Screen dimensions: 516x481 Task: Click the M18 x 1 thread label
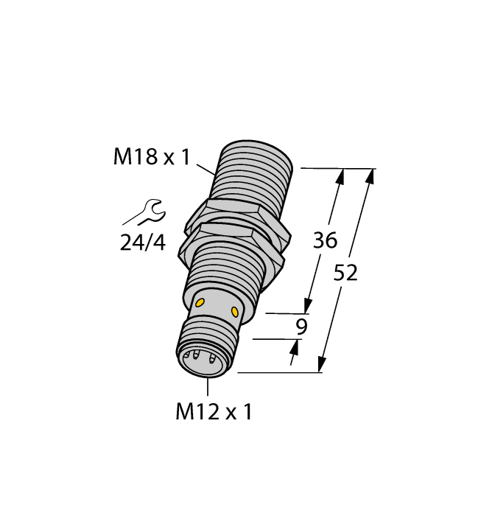tap(151, 157)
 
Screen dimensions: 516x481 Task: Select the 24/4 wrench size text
tap(143, 242)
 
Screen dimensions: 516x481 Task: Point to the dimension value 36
tap(325, 240)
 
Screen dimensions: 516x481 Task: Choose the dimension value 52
tap(345, 273)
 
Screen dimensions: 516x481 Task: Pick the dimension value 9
tap(301, 327)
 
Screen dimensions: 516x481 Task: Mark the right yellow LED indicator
tap(235, 313)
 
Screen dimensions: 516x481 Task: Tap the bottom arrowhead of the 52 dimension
tap(322, 366)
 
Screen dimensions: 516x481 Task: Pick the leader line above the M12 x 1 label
tap(208, 388)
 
